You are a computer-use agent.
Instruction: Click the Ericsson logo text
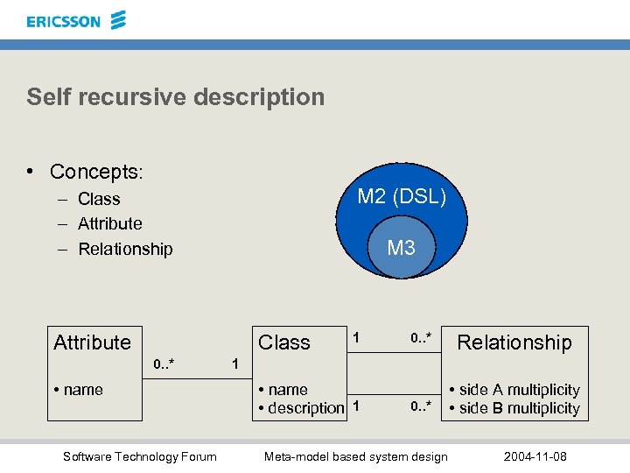[64, 21]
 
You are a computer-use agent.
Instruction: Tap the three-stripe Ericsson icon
[118, 19]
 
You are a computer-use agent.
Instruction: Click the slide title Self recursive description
[175, 96]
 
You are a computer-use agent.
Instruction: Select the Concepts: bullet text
[96, 172]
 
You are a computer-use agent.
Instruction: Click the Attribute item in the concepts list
[109, 224]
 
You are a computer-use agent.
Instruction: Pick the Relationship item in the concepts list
[125, 250]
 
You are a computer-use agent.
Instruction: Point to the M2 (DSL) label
[402, 197]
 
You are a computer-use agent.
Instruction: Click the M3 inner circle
[401, 249]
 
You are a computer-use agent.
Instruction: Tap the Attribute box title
[92, 342]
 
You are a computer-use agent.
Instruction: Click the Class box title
[284, 342]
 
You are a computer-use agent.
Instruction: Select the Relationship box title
[514, 342]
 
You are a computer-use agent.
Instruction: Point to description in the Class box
[305, 408]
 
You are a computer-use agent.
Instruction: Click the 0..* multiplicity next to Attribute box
[164, 363]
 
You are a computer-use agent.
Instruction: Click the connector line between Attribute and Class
[197, 379]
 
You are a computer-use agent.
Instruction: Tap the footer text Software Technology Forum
[140, 455]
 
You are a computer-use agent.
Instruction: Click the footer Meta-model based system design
[355, 455]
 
